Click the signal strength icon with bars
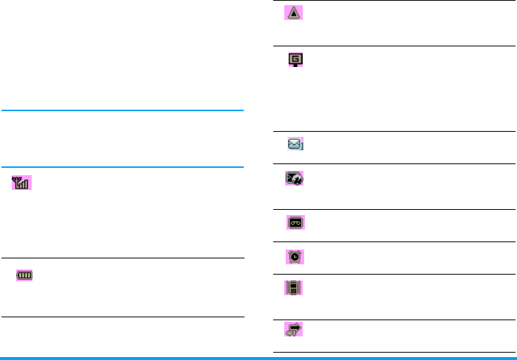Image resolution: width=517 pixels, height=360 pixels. (x=21, y=183)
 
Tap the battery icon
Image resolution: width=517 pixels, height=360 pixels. (x=26, y=275)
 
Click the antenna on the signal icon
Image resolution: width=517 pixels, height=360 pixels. (x=16, y=182)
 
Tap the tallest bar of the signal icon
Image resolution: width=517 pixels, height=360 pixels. (x=27, y=183)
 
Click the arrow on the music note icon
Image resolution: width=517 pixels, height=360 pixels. (x=297, y=327)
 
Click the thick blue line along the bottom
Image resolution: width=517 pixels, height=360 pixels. (x=258, y=358)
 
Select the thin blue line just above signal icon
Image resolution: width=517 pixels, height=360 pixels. (x=122, y=167)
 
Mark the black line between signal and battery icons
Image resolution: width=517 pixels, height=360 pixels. (x=122, y=258)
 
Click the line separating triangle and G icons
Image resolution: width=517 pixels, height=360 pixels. (x=390, y=46)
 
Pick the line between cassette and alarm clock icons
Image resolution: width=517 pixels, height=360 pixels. (x=390, y=241)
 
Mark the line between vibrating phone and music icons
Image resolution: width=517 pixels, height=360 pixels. (x=390, y=320)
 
